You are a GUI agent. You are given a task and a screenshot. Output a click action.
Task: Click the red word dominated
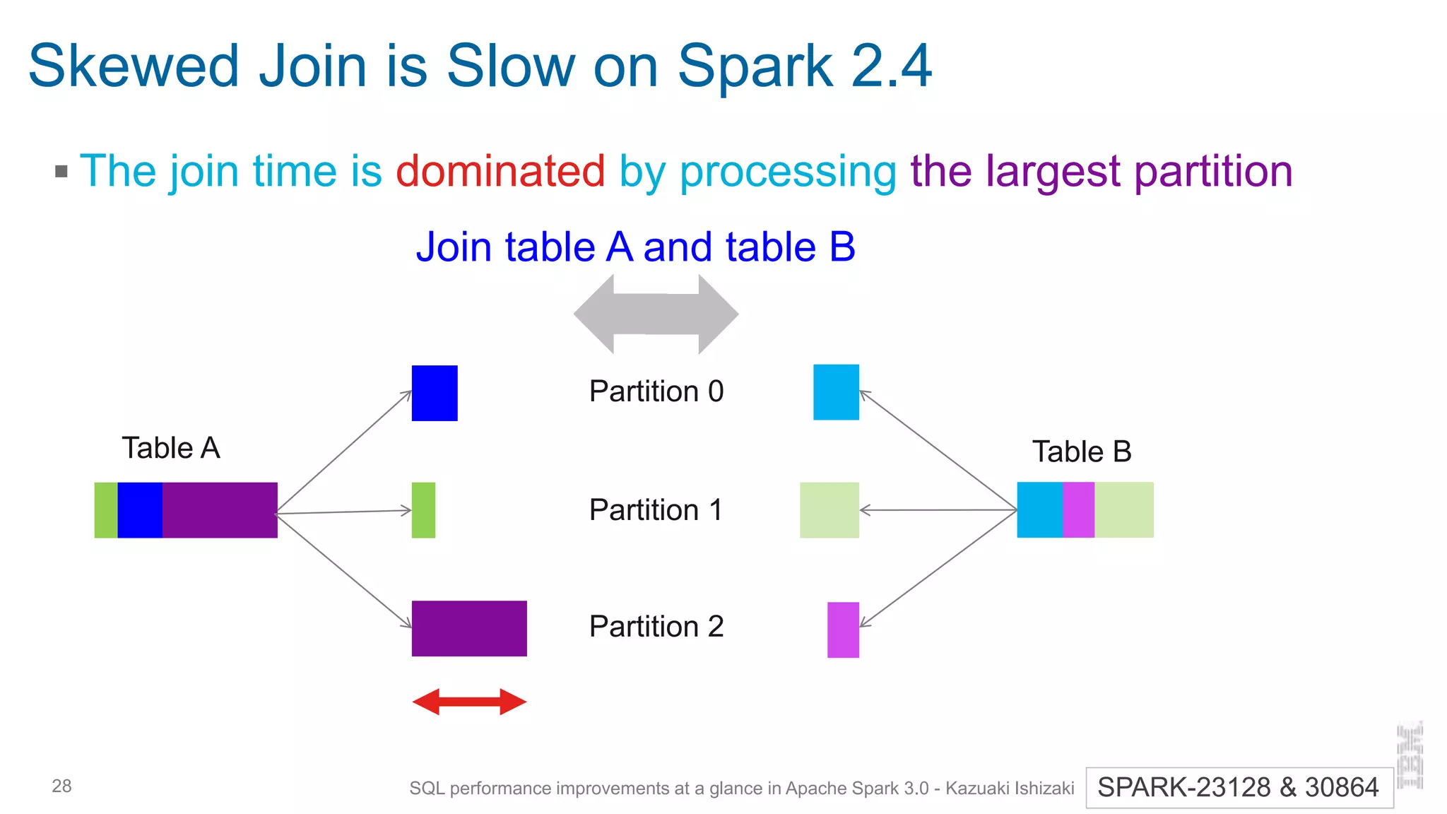pyautogui.click(x=500, y=171)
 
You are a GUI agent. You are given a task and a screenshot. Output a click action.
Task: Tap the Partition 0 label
pyautogui.click(x=656, y=391)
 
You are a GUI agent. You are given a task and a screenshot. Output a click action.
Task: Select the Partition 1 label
pyautogui.click(x=656, y=509)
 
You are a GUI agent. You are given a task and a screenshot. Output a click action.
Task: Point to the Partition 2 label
pyautogui.click(x=656, y=627)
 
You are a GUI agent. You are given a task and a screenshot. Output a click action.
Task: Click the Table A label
pyautogui.click(x=171, y=448)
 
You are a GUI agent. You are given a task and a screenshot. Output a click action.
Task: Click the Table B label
pyautogui.click(x=1082, y=452)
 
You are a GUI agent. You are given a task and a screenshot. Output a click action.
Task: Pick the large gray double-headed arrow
pyautogui.click(x=656, y=314)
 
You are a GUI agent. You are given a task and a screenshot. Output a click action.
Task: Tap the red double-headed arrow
pyautogui.click(x=469, y=702)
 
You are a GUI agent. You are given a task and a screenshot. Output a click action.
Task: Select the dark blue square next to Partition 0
pyautogui.click(x=435, y=393)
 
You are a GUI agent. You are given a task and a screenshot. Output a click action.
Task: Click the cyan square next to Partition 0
pyautogui.click(x=836, y=392)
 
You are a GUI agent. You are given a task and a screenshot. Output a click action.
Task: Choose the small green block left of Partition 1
pyautogui.click(x=423, y=510)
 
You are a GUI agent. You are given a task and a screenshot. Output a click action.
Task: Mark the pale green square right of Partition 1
pyautogui.click(x=829, y=510)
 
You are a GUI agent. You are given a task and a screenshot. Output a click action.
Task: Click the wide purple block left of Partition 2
pyautogui.click(x=469, y=628)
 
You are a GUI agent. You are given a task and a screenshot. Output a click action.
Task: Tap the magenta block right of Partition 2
pyautogui.click(x=843, y=630)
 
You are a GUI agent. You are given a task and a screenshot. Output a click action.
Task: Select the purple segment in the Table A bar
pyautogui.click(x=220, y=510)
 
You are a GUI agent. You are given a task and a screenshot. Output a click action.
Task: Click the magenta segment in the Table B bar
pyautogui.click(x=1078, y=510)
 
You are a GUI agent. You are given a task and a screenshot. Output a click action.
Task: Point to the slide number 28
pyautogui.click(x=61, y=786)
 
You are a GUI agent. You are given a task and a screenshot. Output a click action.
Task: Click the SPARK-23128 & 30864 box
pyautogui.click(x=1239, y=787)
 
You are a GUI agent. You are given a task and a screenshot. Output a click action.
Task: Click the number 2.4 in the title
pyautogui.click(x=892, y=66)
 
